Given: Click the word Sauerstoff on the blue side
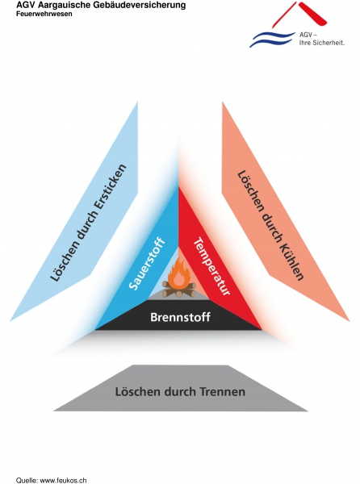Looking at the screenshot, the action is coord(146,263).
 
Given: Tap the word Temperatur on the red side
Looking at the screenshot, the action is coord(211,265).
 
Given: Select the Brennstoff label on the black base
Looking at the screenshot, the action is coord(180,317).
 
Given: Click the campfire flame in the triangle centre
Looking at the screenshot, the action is coord(178,273).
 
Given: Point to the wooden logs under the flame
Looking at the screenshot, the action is coord(179,290).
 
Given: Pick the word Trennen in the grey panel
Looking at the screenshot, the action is coord(223,392).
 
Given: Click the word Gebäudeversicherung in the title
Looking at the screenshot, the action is coord(140,6).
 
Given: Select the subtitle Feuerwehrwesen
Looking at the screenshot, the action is coord(44,14).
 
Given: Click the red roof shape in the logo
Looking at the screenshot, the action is coord(299,15).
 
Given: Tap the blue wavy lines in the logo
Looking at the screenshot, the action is coord(272,40).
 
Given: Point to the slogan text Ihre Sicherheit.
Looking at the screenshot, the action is coord(322,43).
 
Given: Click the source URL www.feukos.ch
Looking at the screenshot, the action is coord(63,480).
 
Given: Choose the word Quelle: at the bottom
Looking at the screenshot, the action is coord(27,480).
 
